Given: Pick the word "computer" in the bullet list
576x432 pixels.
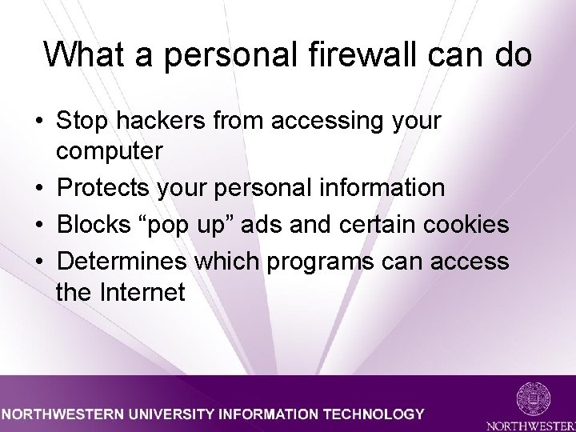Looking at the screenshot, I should (x=110, y=150).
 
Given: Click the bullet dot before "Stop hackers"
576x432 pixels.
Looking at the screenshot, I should (x=38, y=122).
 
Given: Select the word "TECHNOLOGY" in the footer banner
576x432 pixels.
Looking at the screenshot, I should (x=373, y=414).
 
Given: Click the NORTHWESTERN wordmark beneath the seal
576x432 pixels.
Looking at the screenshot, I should (x=531, y=422).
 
